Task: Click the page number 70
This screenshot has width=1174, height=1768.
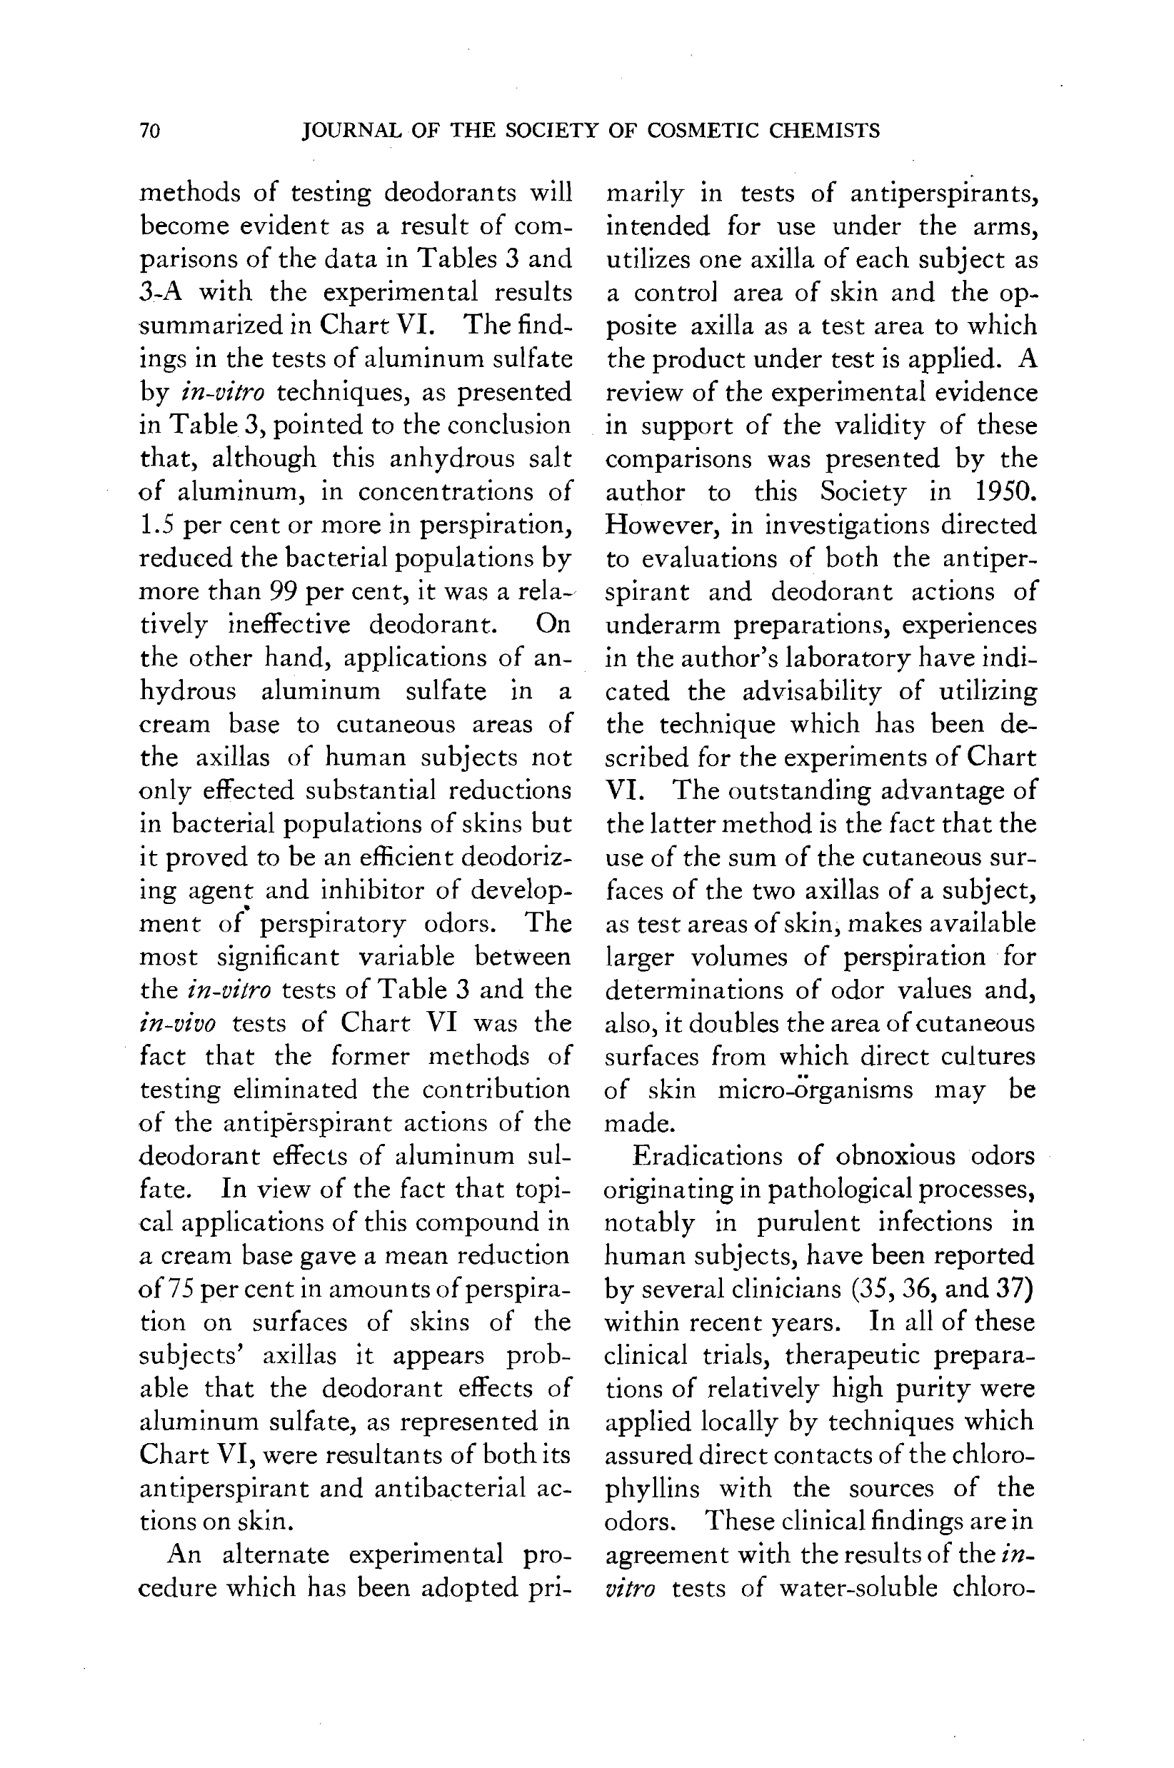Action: [x=150, y=131]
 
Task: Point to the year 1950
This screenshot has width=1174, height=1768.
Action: [x=1006, y=492]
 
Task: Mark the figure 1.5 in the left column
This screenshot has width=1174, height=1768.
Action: [x=157, y=525]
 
